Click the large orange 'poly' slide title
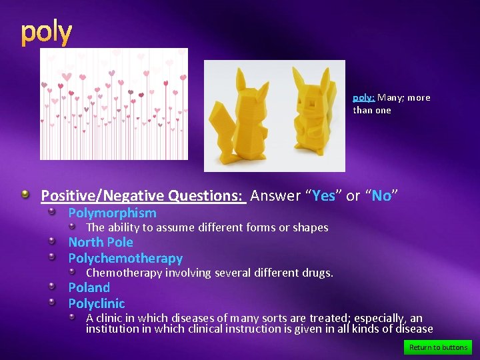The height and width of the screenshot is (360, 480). [x=46, y=33]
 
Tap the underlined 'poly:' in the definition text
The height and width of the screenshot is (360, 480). [x=364, y=97]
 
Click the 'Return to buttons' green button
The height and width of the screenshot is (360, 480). [x=438, y=347]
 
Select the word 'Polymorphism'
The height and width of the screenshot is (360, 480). [x=112, y=213]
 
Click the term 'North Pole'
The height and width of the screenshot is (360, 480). [x=101, y=243]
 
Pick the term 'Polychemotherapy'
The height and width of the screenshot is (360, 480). [x=125, y=259]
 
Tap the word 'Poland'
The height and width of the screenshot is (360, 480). [x=89, y=288]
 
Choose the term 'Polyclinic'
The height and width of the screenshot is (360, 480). [x=97, y=304]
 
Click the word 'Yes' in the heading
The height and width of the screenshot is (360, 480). [x=323, y=196]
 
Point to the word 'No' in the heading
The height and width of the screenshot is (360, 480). [x=381, y=196]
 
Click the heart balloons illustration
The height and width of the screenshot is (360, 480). [x=113, y=104]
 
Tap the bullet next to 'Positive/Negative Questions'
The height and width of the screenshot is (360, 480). [x=25, y=195]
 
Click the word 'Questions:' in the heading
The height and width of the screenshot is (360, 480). [x=207, y=196]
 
